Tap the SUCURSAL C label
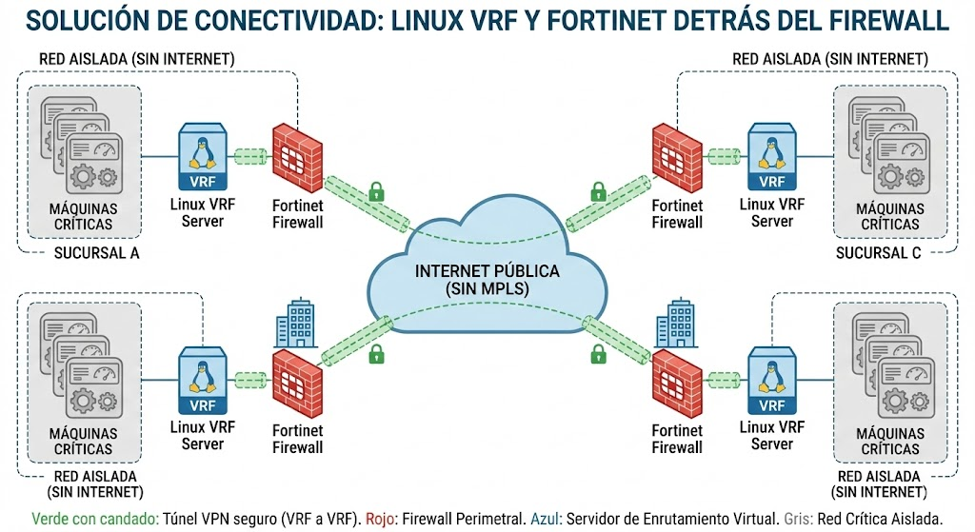click(x=878, y=253)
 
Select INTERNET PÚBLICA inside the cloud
click(x=487, y=271)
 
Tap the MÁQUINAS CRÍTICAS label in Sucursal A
click(x=84, y=216)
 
